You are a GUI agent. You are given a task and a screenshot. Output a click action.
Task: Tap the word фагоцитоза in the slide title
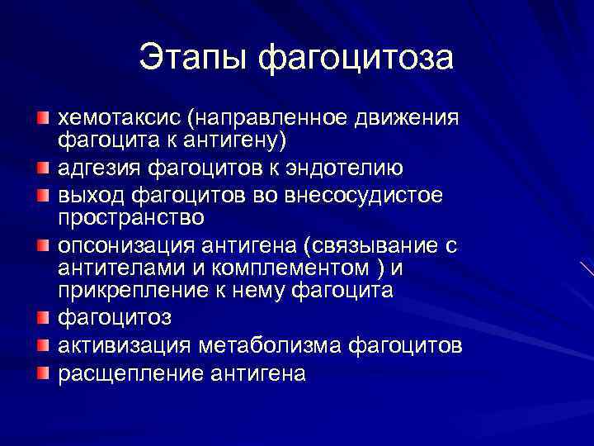pos(356,58)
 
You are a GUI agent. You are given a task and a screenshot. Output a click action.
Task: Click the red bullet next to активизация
pos(43,344)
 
